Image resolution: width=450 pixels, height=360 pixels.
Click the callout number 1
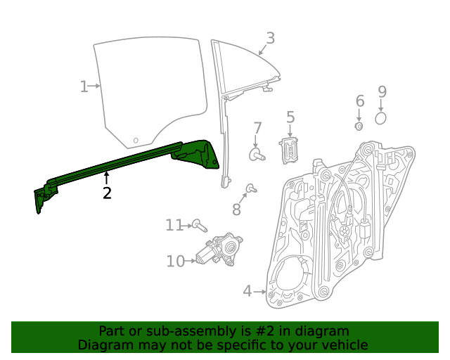point(84,86)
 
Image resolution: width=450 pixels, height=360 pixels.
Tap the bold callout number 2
point(107,193)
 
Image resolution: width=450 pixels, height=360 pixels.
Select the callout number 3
point(270,39)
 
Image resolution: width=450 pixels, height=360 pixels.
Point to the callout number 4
point(247,290)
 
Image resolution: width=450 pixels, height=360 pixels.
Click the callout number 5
point(290,118)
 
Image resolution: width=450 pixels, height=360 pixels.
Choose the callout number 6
point(359,101)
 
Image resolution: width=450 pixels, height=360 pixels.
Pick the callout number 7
point(257,129)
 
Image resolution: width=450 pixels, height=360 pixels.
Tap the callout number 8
point(236,209)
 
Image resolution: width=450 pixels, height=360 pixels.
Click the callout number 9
point(382,91)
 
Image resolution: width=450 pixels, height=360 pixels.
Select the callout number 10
point(175,262)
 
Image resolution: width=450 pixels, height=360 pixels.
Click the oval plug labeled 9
point(381,117)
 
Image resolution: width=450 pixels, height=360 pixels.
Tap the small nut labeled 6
point(359,127)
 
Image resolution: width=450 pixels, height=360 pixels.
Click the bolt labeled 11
point(200,226)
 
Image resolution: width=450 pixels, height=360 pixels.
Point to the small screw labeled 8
point(250,188)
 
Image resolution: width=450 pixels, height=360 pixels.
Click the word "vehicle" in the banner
point(342,345)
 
